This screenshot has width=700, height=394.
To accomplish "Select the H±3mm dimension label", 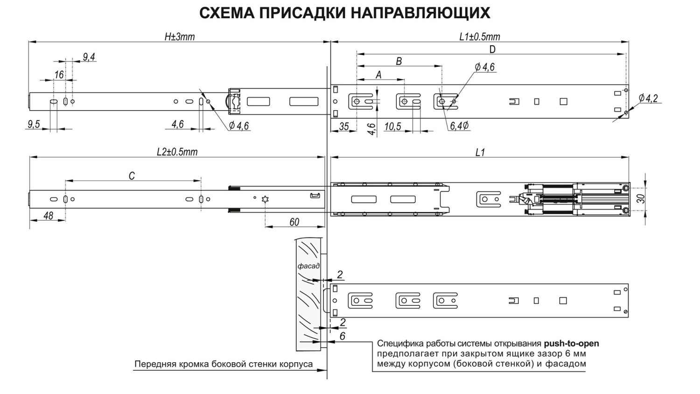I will (179, 37).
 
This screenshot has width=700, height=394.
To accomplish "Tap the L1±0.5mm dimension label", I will (479, 37).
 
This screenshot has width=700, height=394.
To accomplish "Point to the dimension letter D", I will (492, 49).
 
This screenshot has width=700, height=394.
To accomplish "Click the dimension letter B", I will (399, 61).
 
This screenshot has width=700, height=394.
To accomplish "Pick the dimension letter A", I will (378, 75).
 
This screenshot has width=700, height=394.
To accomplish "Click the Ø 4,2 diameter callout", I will (648, 98).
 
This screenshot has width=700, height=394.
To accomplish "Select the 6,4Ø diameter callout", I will (460, 126).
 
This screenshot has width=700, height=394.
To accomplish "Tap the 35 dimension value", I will (343, 126).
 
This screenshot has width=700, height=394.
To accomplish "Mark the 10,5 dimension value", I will (392, 126).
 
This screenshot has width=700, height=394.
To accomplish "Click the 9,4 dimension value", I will (89, 57).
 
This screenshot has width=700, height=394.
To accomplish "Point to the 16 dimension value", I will (59, 75).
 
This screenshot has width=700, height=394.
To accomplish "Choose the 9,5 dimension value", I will (34, 124).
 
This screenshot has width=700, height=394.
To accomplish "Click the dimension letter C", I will (132, 176).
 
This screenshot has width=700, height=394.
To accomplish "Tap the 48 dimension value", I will (48, 216).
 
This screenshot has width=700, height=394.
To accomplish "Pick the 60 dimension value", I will (294, 222).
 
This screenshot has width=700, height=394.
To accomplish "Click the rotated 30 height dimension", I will (642, 198).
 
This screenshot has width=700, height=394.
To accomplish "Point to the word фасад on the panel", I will (308, 266).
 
